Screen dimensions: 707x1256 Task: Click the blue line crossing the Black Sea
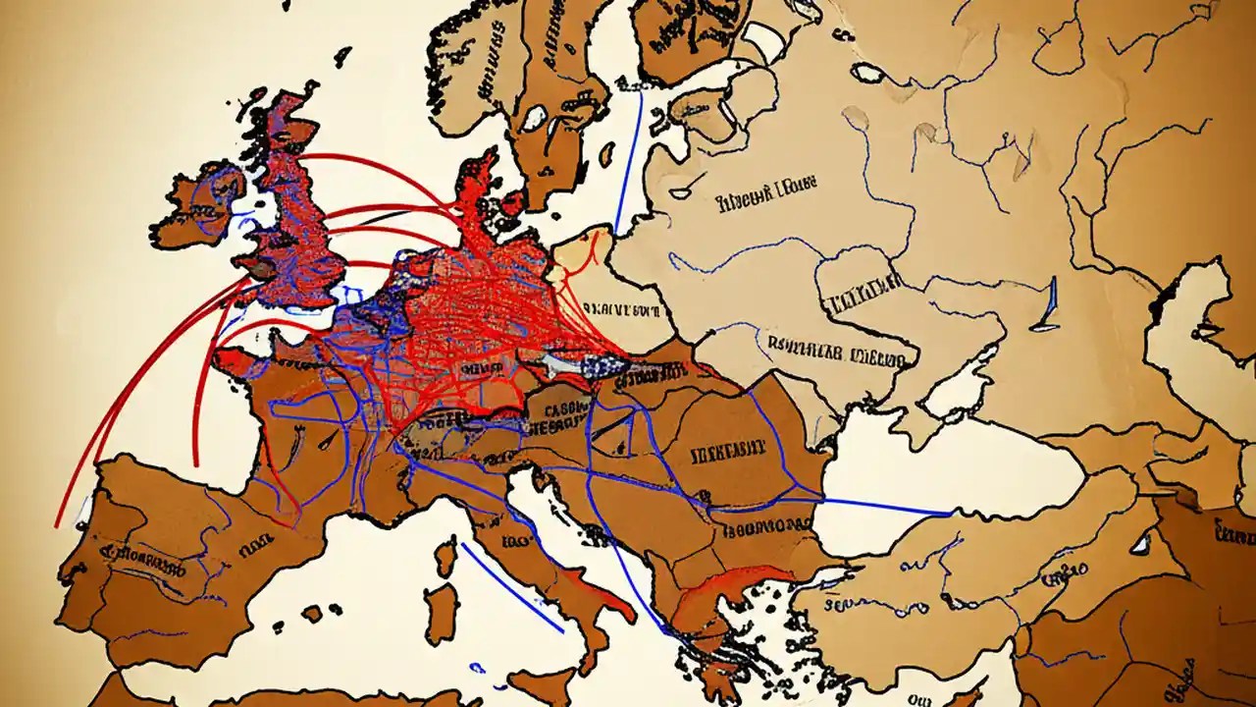pos(883,507)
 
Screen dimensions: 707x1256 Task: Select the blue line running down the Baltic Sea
pos(629,157)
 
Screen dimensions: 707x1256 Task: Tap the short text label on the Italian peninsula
pos(514,541)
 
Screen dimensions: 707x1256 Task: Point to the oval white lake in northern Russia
pos(867,73)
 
